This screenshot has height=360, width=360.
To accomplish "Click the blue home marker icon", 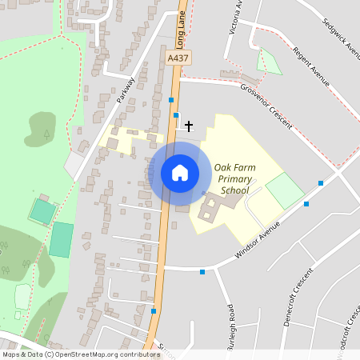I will [x=180, y=173].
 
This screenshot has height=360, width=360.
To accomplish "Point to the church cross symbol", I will [x=189, y=126].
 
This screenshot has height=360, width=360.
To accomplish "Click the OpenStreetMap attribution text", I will [x=80, y=354].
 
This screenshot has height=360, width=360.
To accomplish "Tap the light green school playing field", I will [x=285, y=191].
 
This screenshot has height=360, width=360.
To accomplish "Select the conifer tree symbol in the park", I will [x=46, y=133].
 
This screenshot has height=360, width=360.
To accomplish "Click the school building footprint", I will [x=214, y=207].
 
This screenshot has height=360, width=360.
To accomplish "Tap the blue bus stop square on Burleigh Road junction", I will [x=202, y=272].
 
